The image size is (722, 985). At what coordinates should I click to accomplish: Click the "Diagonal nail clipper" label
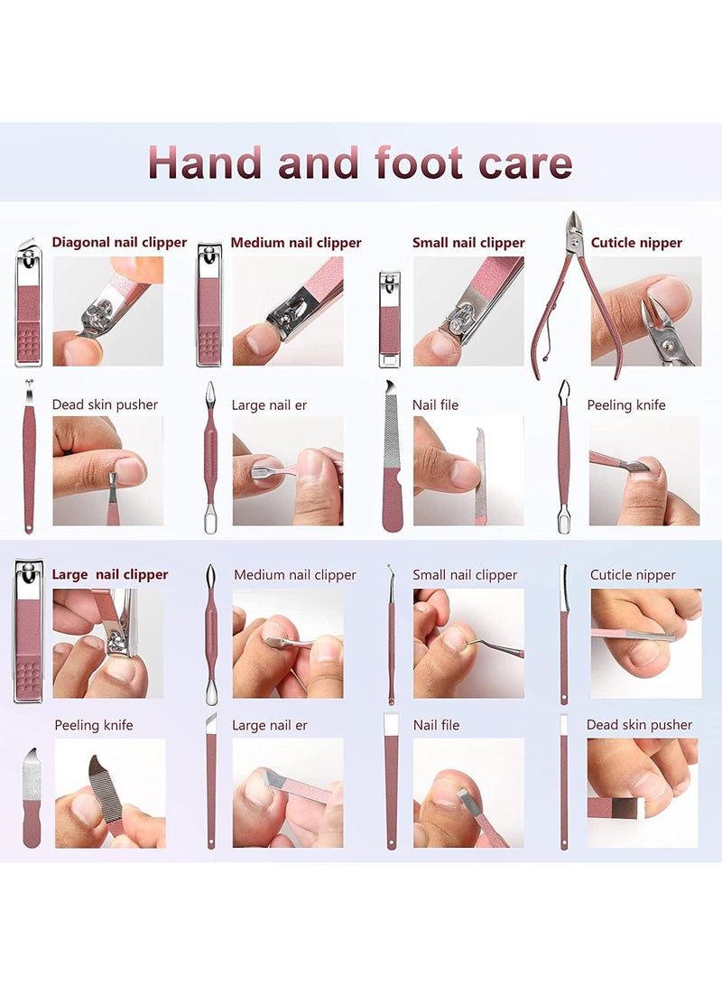119,242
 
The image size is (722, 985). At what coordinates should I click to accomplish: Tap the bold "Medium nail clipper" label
296,242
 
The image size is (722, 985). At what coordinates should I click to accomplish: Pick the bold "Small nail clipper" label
468,242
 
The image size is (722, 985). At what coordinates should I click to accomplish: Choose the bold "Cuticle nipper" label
636,242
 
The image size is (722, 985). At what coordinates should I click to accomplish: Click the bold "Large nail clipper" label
110,574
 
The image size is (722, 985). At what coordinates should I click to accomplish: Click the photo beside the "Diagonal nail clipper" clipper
108,311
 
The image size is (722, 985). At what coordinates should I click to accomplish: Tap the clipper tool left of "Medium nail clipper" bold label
209,305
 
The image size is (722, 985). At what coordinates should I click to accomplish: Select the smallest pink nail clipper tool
389,320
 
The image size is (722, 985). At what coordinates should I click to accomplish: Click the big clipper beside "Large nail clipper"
28,630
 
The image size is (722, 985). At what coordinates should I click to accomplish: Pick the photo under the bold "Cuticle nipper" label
646,311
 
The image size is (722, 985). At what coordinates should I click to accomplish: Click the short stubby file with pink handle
32,798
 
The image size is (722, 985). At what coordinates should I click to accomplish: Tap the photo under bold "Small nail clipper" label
468,311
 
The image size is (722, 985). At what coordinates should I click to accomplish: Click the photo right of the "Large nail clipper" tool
108,643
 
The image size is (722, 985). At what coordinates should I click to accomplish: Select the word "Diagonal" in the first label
82,242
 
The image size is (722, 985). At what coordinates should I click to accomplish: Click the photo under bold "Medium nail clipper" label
288,311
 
